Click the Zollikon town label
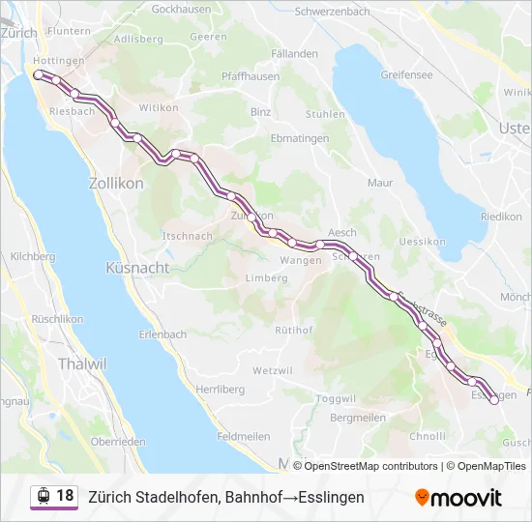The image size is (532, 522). [116, 183]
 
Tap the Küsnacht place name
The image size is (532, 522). [136, 268]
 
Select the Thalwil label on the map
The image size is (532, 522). [82, 364]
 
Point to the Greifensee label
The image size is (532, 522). [405, 73]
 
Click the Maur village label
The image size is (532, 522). [380, 182]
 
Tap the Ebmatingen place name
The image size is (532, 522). [300, 138]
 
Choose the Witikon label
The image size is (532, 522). [160, 108]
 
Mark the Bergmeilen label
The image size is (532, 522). [358, 418]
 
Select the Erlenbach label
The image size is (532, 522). [163, 334]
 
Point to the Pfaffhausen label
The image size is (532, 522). [251, 76]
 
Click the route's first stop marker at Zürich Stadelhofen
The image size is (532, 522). [38, 73]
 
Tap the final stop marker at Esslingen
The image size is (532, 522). [494, 401]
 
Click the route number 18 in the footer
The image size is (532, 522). [65, 496]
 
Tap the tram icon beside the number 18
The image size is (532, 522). [44, 496]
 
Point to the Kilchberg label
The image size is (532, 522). [32, 257]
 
